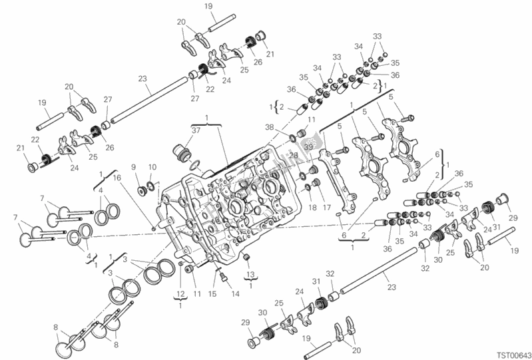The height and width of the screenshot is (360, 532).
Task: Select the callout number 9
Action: [x=133, y=166]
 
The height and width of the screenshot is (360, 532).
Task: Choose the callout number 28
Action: [x=293, y=155]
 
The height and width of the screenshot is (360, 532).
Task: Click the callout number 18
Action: [x=310, y=208]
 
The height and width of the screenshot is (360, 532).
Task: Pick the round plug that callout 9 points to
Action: [x=141, y=191]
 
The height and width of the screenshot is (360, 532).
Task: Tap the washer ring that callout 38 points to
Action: [x=292, y=139]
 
